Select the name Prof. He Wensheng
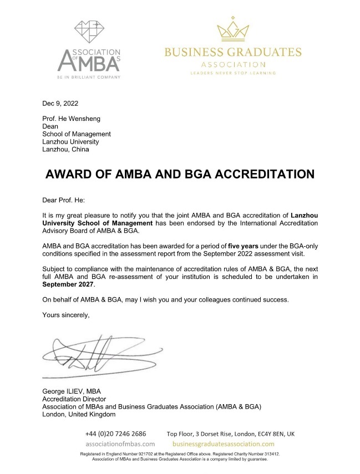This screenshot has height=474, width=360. pyautogui.click(x=72, y=119)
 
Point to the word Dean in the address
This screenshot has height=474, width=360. pyautogui.click(x=50, y=126)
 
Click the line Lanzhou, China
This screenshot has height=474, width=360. pyautogui.click(x=65, y=149)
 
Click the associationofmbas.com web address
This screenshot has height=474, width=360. pyautogui.click(x=120, y=444)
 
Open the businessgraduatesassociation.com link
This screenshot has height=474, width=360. pyautogui.click(x=224, y=444)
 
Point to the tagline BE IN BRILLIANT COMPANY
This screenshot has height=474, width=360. pyautogui.click(x=89, y=77)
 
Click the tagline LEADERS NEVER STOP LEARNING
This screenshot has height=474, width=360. pyautogui.click(x=233, y=73)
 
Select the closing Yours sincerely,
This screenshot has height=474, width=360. pyautogui.click(x=65, y=315)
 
